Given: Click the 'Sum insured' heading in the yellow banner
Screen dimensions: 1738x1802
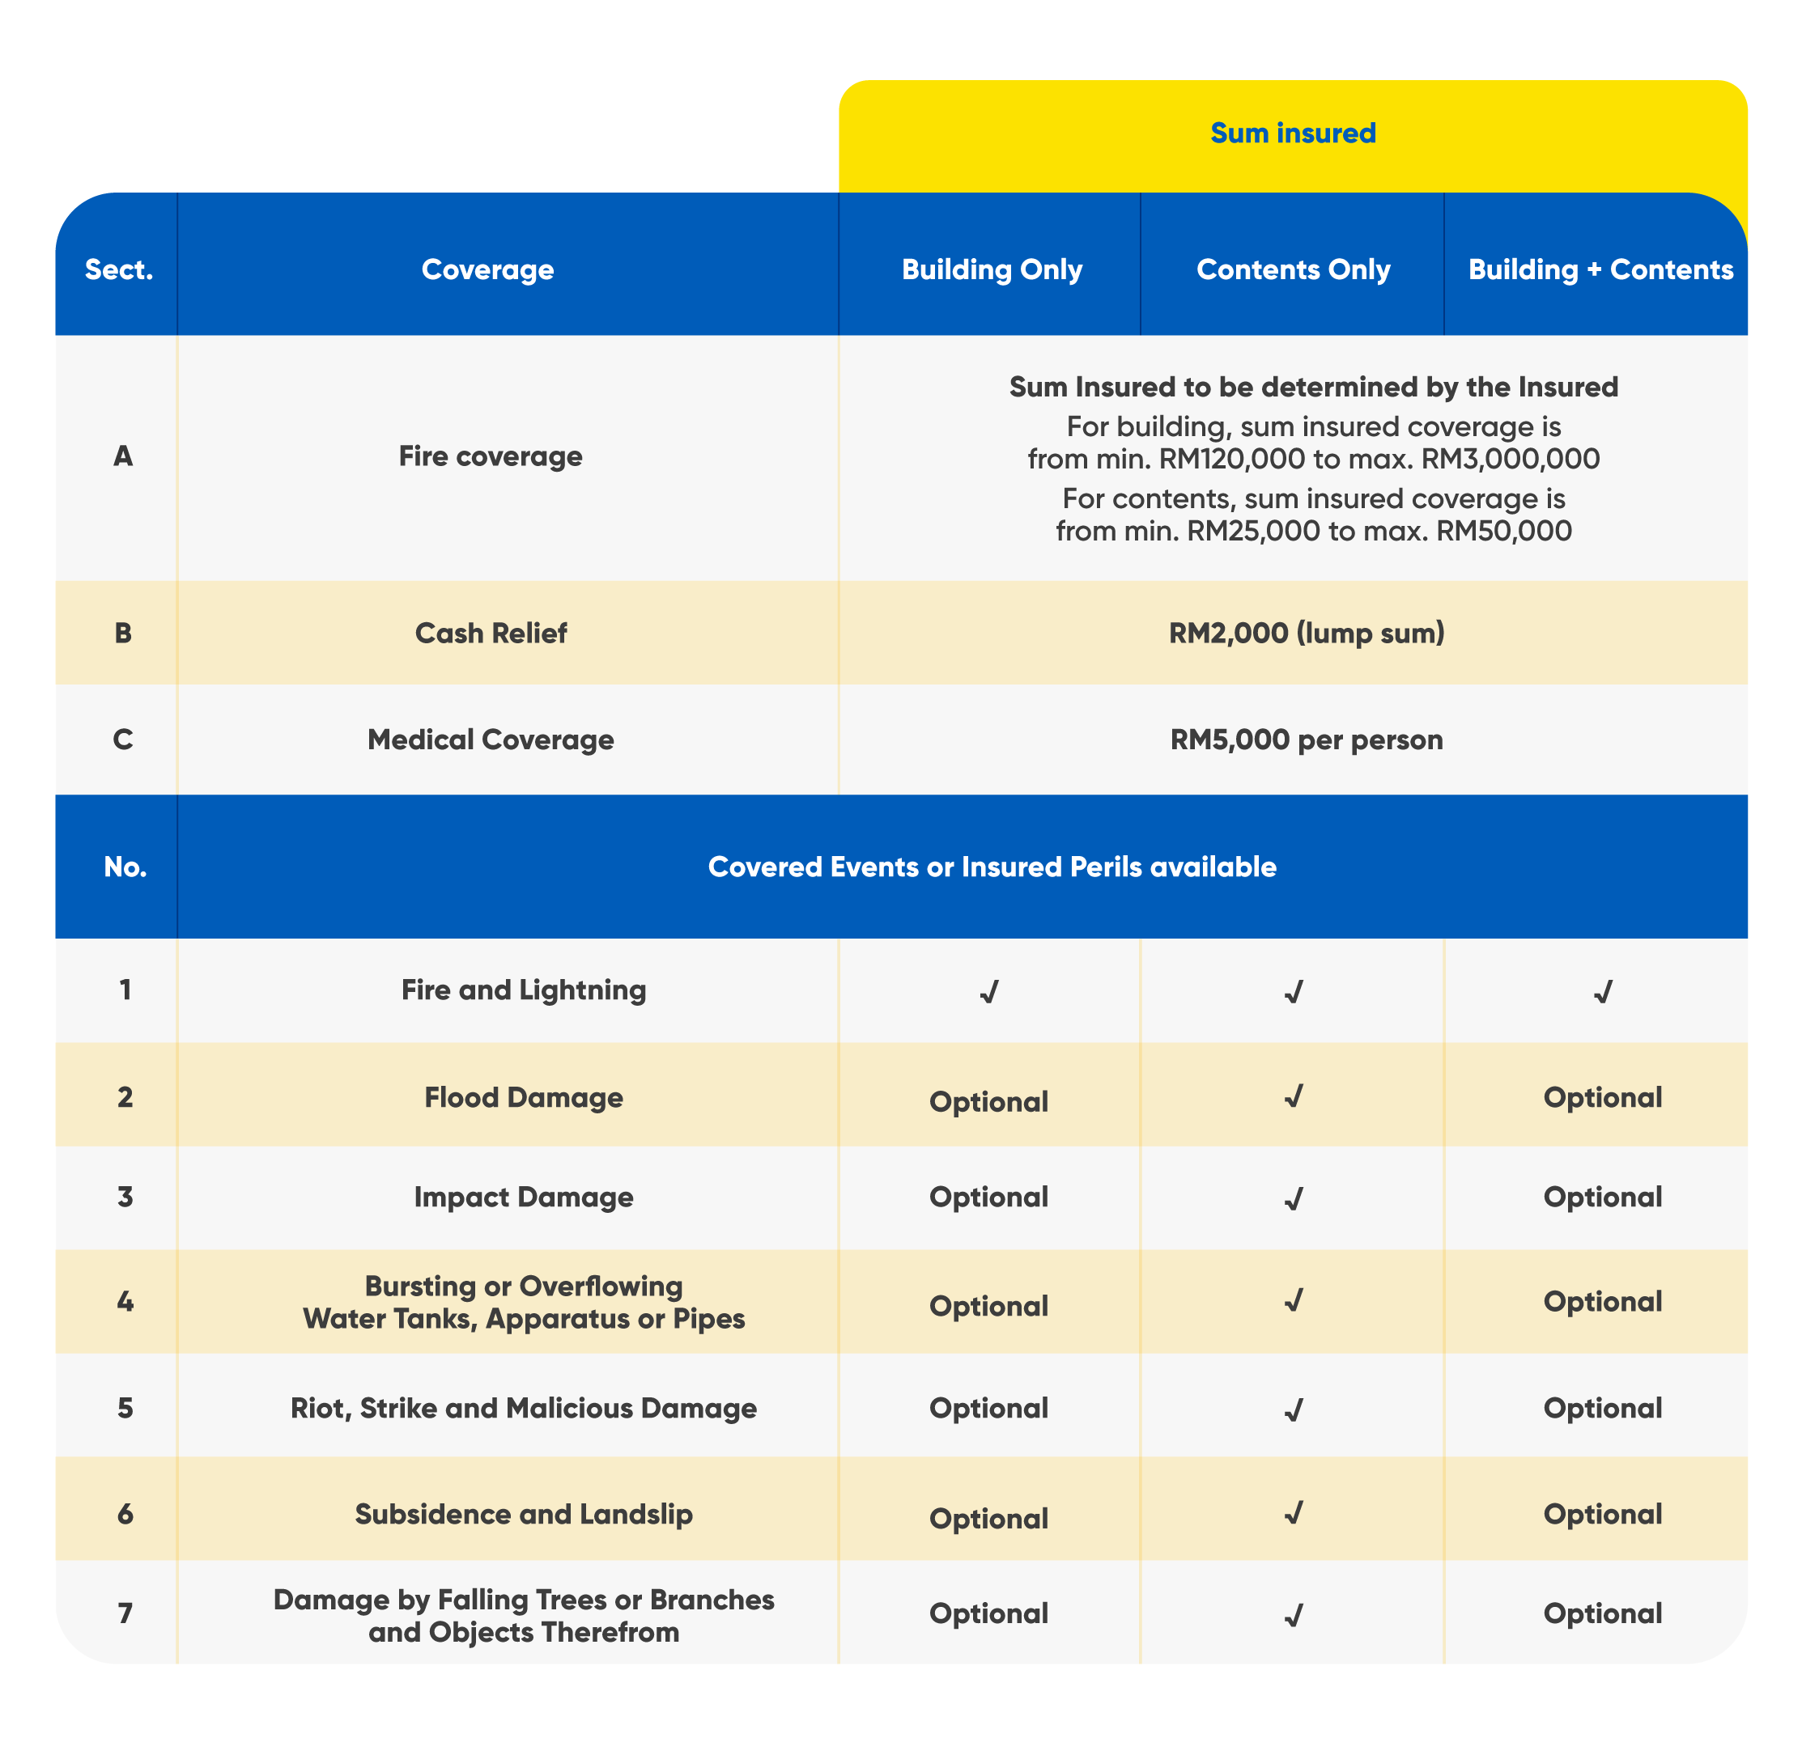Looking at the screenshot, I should (x=1293, y=134).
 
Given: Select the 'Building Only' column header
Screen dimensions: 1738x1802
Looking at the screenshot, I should (x=991, y=269).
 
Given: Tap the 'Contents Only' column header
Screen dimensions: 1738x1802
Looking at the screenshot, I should (x=1293, y=269).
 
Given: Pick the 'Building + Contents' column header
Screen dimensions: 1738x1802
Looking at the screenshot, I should (x=1600, y=269).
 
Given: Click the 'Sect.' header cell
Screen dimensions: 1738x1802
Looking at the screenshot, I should (x=119, y=269).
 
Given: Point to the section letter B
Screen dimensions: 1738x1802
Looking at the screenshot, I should (x=122, y=634).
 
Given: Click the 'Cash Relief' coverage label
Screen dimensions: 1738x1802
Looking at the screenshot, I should (x=491, y=634).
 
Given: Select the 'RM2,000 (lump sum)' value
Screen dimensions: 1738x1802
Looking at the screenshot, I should (x=1307, y=634).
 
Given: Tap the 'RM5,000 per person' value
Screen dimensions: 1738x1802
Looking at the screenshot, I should (x=1307, y=740).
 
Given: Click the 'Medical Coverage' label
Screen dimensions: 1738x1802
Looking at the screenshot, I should (x=491, y=740).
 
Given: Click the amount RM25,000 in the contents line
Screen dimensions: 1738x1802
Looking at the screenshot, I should (x=1253, y=530).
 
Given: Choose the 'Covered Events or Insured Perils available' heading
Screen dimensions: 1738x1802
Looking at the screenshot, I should (x=992, y=867).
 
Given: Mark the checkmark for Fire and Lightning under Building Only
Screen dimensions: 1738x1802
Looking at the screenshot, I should (x=988, y=992).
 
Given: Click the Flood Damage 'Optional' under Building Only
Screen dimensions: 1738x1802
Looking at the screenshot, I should (x=988, y=1101).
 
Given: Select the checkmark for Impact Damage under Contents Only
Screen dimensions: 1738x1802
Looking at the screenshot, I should (x=1293, y=1198).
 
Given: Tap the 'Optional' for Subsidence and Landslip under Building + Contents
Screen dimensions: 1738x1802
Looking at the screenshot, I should (x=1603, y=1514).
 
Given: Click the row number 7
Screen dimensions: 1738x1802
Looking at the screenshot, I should (x=125, y=1613).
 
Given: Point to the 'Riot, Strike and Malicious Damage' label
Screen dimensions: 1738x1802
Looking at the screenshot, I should (x=523, y=1408).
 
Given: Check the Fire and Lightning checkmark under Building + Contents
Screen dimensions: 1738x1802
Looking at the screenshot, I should (x=1603, y=992).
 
